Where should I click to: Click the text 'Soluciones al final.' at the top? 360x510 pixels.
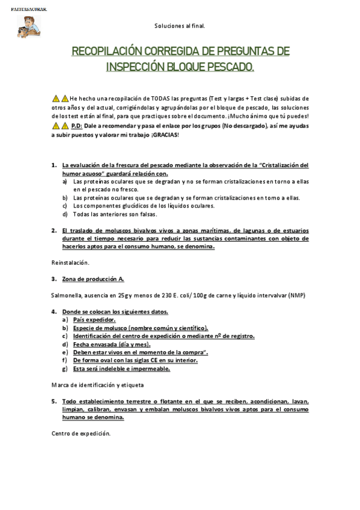[x=180, y=26]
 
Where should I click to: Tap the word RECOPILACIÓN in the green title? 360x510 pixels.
[x=110, y=52]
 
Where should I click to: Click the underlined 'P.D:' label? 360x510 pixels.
[x=76, y=126]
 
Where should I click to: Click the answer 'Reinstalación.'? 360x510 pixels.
[x=70, y=262]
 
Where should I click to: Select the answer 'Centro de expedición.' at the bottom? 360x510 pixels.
[x=81, y=433]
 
